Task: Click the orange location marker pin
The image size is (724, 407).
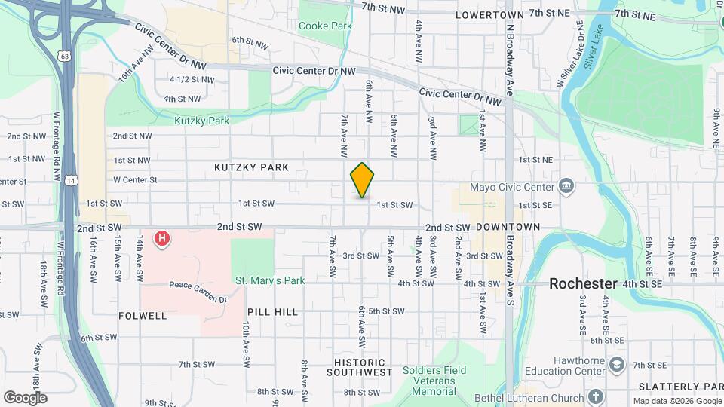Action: click(363, 180)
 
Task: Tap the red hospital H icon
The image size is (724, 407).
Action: click(161, 240)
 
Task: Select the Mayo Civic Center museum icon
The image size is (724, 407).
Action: click(566, 186)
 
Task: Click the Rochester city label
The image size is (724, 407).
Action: click(583, 283)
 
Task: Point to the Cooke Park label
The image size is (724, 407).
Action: click(325, 26)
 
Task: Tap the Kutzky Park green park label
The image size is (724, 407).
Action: click(201, 121)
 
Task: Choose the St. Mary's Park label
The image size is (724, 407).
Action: click(269, 280)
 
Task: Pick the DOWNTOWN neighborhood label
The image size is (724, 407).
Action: click(508, 227)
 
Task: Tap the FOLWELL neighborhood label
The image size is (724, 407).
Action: click(143, 316)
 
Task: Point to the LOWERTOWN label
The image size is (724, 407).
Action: click(489, 14)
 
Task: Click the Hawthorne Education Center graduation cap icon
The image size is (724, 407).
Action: click(618, 365)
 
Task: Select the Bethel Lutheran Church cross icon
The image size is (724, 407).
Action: click(596, 396)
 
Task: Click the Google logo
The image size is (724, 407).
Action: click(25, 397)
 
